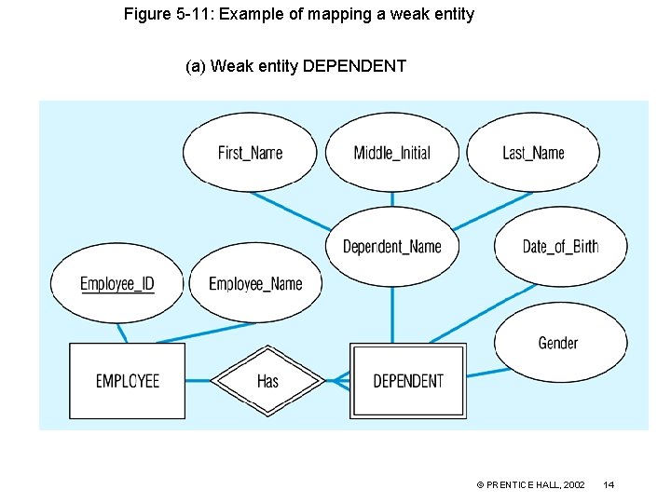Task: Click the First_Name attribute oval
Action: tap(250, 153)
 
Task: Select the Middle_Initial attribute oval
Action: tap(391, 153)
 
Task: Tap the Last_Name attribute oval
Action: tap(533, 153)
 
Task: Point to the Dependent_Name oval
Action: tap(391, 246)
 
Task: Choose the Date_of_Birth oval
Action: tap(560, 246)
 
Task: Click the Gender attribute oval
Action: tap(559, 343)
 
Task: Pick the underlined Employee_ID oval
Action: tap(117, 283)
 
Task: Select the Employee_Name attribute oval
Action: tap(255, 283)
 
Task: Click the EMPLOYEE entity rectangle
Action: tap(128, 380)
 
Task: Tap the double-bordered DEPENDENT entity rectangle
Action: tap(407, 380)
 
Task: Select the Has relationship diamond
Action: tap(267, 380)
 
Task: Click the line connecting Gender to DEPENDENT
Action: tap(487, 373)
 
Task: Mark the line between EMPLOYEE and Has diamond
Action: tap(198, 380)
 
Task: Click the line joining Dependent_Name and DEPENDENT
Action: tap(391, 315)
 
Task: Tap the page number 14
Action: tap(609, 484)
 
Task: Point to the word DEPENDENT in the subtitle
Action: tap(354, 66)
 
